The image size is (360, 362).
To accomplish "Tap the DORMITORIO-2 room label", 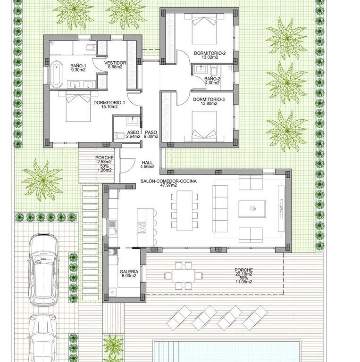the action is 209,53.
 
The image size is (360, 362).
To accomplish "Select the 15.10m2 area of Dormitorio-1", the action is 109,107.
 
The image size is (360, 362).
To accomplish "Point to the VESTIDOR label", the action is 115,63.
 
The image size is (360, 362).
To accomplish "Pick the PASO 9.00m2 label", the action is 151,134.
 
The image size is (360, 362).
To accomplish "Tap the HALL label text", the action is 147,163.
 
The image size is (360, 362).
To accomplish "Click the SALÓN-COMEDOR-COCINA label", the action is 169,181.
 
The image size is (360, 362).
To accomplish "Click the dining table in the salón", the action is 184,210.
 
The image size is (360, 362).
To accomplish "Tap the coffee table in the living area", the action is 251,209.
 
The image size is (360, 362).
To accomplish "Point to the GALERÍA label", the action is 129,271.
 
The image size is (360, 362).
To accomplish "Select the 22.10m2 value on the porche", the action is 243,274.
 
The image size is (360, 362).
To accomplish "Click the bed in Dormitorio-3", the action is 204,126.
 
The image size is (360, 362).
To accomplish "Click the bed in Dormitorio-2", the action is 204,29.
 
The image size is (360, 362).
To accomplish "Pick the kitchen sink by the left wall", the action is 112,227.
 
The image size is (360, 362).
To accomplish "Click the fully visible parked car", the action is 43,270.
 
